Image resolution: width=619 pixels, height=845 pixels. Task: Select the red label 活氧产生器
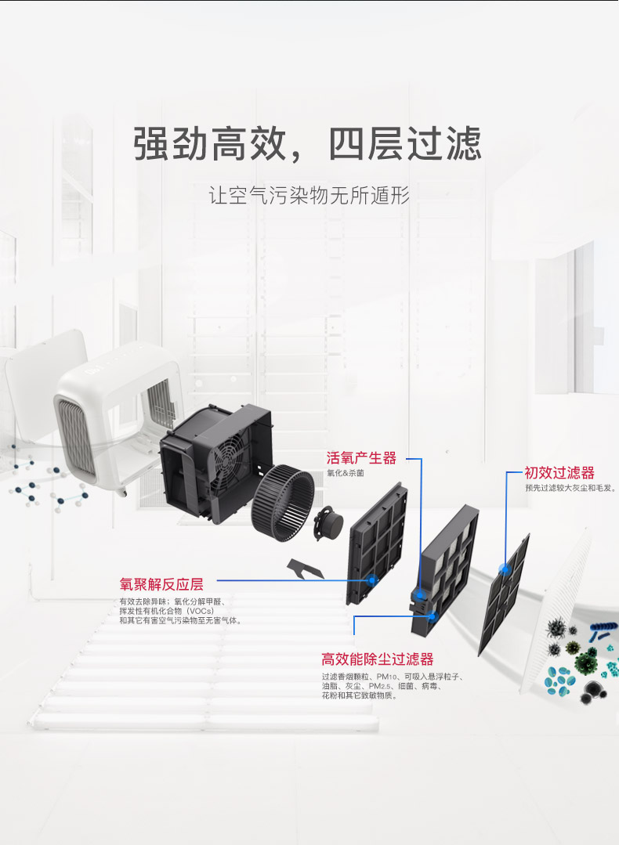[x=361, y=458]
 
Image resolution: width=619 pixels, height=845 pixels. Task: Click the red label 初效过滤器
[x=559, y=472]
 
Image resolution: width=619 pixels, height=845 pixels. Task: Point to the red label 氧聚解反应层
[x=161, y=584]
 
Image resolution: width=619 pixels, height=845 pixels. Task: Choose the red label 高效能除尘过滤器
[x=377, y=659]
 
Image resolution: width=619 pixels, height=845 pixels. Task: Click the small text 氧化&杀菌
[x=346, y=473]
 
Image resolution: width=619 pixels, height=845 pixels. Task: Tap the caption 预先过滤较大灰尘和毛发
[x=570, y=487]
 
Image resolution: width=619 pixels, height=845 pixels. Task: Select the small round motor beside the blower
[x=329, y=525]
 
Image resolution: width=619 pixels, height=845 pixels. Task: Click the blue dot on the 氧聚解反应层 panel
[x=372, y=580]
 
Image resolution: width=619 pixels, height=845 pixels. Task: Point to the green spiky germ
[x=585, y=662]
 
